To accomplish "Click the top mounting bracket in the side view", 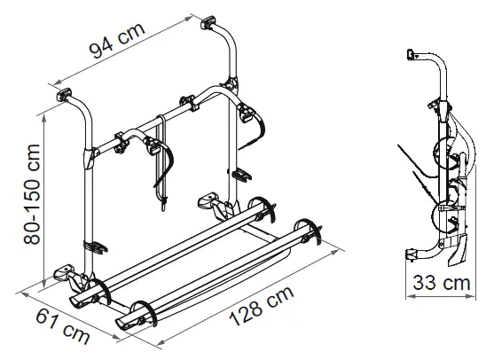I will pos(411,56).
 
